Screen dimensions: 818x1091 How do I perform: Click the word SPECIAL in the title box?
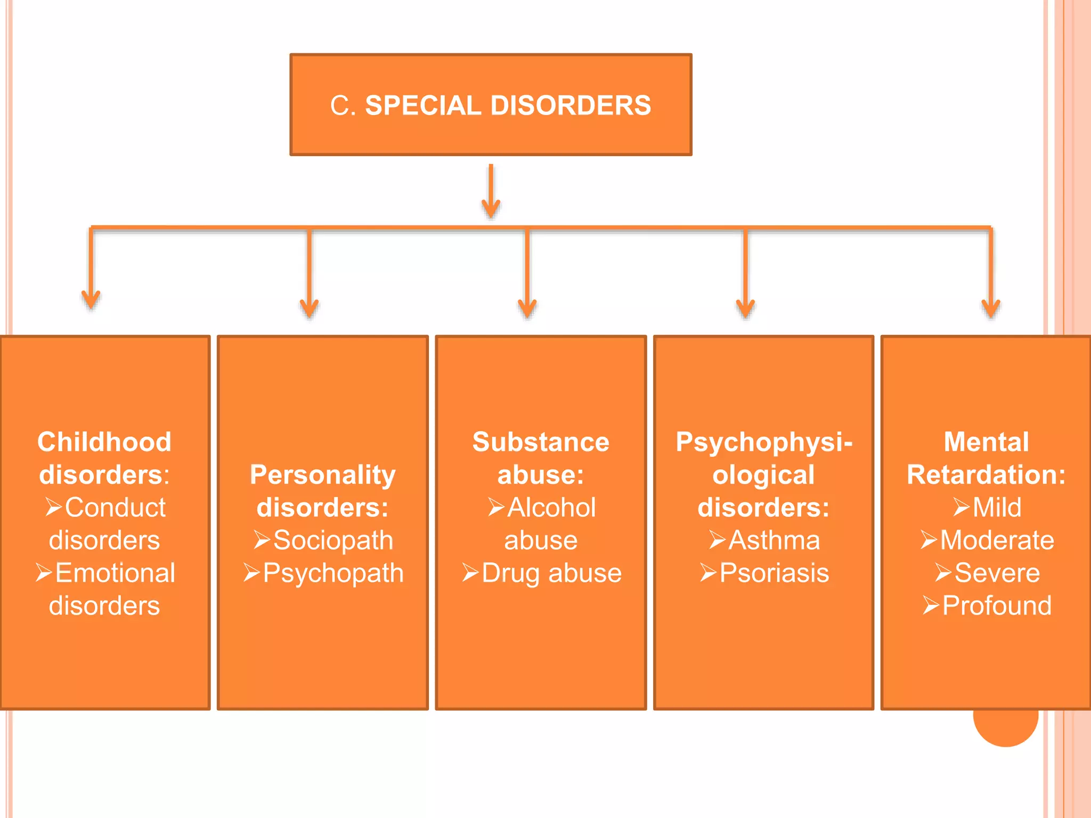[x=423, y=105]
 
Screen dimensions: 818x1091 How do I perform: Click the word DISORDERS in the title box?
[x=571, y=105]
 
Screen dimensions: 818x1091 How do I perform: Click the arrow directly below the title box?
[x=491, y=191]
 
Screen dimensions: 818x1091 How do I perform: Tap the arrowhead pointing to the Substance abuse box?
[x=527, y=308]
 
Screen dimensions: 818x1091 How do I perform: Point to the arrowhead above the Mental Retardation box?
[x=991, y=308]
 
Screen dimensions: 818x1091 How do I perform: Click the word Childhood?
[x=104, y=442]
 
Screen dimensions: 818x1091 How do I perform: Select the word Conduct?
[x=115, y=508]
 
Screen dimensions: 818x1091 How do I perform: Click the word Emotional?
[x=115, y=573]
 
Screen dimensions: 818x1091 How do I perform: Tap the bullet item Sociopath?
[x=333, y=541]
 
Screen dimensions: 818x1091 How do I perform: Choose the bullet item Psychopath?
[x=333, y=573]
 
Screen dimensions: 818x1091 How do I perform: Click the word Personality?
[x=323, y=475]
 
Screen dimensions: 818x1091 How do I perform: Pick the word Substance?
[x=541, y=442]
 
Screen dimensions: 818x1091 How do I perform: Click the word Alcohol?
[x=551, y=508]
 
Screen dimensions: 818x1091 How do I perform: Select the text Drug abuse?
[x=551, y=573]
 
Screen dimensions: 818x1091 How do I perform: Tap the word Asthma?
[x=774, y=541]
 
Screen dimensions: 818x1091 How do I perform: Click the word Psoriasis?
[x=774, y=573]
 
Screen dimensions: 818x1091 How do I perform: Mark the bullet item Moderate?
[x=997, y=541]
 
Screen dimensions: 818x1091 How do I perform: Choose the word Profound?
[x=997, y=606]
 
